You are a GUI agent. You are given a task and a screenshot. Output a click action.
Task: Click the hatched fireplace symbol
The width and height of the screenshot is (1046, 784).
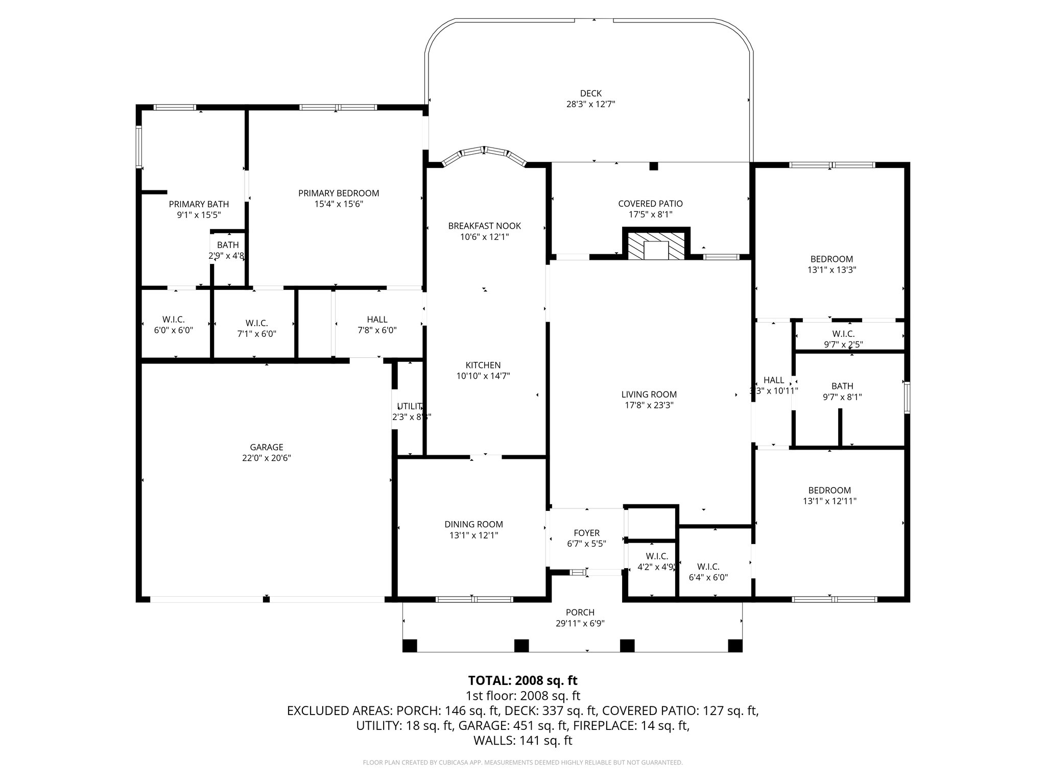(x=656, y=247)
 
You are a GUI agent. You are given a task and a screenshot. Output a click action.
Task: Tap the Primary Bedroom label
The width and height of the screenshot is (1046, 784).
(x=339, y=193)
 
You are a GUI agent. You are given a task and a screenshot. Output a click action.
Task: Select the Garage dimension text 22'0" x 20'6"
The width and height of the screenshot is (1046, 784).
(x=267, y=458)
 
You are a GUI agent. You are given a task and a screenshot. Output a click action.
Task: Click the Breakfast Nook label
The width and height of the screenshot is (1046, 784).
(x=484, y=226)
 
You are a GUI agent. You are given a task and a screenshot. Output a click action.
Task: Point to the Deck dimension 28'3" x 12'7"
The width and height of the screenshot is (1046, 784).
(x=590, y=104)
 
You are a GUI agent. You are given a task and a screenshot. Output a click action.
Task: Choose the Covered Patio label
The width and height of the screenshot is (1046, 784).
(x=650, y=204)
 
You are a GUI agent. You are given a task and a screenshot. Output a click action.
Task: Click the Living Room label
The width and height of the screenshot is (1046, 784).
(x=649, y=395)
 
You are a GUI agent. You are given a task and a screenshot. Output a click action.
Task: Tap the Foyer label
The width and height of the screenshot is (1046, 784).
(x=586, y=533)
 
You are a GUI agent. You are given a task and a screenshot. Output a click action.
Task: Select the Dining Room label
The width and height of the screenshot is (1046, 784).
(x=473, y=524)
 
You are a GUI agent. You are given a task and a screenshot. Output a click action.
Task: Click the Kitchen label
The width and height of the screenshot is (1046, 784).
(x=483, y=365)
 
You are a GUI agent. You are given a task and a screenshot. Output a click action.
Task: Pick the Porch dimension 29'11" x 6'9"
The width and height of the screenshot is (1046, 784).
(x=580, y=623)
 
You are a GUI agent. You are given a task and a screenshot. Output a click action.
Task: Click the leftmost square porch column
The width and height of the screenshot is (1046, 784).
(x=410, y=646)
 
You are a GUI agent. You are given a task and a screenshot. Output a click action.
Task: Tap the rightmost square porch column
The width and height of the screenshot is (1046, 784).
(x=734, y=646)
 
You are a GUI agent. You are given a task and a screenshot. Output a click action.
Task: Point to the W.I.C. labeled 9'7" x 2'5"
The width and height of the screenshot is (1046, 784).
(x=843, y=339)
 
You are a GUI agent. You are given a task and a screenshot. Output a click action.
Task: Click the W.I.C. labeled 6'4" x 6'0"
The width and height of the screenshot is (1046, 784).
(x=708, y=572)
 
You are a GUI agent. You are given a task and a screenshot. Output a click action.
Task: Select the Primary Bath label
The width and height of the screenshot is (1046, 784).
(x=199, y=204)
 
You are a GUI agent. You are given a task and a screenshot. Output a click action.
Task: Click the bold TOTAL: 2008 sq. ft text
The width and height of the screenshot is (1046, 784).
(x=522, y=680)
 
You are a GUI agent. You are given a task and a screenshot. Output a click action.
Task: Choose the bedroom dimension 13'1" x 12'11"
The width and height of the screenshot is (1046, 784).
(x=829, y=501)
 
